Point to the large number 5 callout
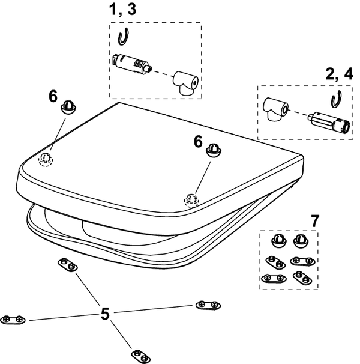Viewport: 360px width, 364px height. coord(105,313)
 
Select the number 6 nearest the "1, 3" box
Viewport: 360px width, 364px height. coord(53,97)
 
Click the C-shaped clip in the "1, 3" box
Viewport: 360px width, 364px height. coord(124,37)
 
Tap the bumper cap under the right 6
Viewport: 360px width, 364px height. coord(213,150)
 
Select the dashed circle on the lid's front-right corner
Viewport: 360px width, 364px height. coord(191,199)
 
